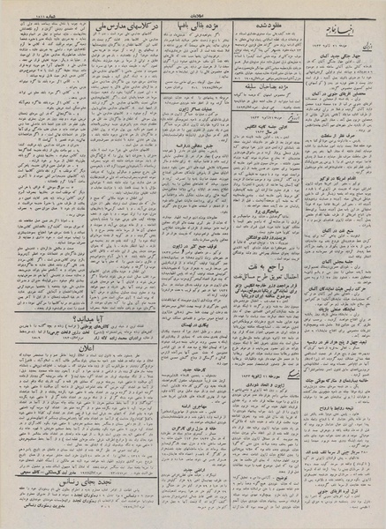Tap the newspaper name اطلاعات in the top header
tap(193, 8)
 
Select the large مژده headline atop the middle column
tap(202, 29)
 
